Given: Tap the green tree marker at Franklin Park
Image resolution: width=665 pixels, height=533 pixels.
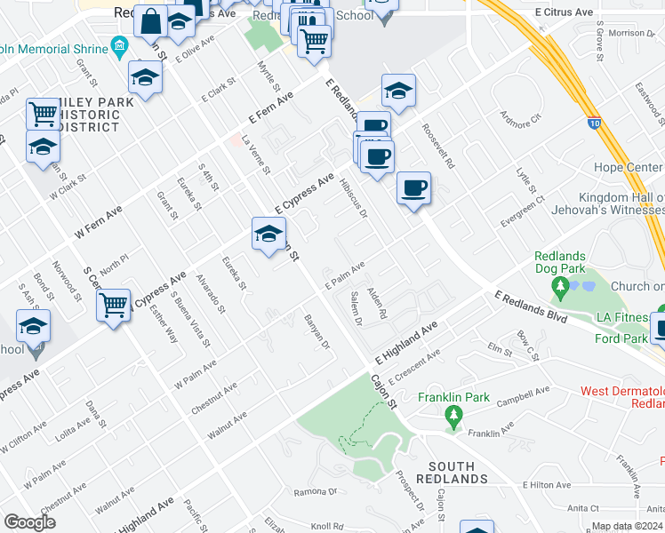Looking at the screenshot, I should click(453, 415).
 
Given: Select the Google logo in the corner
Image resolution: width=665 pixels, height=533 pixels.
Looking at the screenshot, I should click(29, 522).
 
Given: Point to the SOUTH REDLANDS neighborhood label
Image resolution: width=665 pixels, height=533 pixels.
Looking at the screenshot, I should click(458, 473).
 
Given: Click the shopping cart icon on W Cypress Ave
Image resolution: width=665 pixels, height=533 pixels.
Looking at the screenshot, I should click(113, 306).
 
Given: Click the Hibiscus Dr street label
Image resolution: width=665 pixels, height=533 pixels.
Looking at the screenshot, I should click(353, 198).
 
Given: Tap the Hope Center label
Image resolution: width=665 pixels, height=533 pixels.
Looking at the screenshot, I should click(628, 168).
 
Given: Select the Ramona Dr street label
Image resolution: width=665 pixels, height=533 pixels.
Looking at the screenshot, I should click(318, 491).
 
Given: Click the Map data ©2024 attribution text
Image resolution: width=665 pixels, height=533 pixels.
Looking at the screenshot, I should click(628, 526).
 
